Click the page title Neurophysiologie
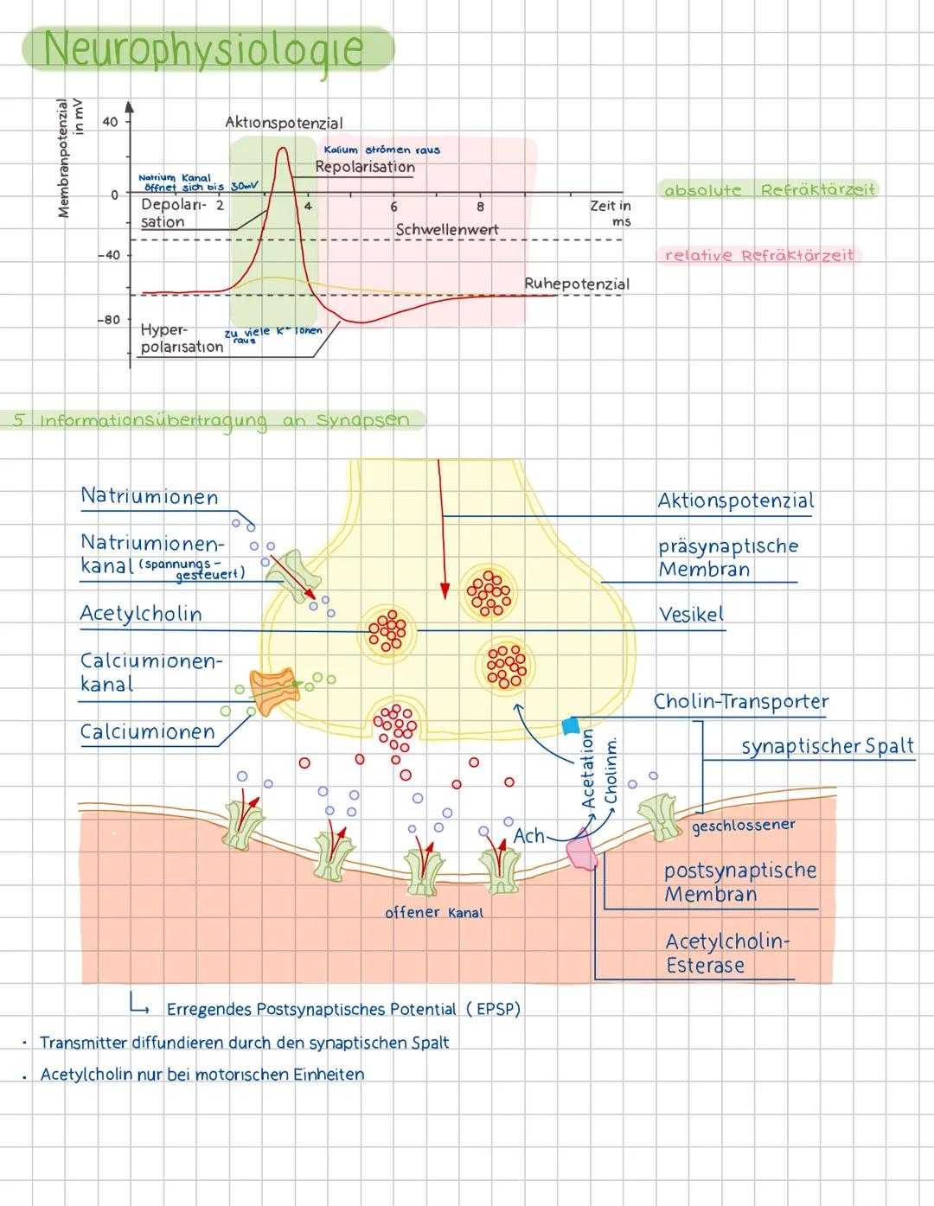(x=203, y=48)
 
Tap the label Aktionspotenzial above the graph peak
(x=284, y=123)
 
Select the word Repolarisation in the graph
(x=364, y=167)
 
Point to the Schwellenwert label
(x=446, y=230)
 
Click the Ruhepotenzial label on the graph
(x=576, y=284)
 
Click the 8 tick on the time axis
(x=480, y=207)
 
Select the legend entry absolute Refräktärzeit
(x=768, y=190)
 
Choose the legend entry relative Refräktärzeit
(x=758, y=255)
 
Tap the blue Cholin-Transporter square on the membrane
(x=570, y=724)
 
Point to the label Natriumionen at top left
(x=149, y=497)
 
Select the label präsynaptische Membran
(x=727, y=558)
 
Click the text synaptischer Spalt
(x=827, y=746)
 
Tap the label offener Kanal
(x=433, y=912)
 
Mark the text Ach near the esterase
(x=528, y=836)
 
